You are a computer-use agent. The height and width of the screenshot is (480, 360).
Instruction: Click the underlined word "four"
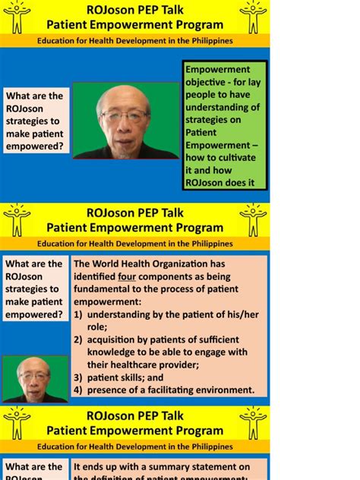127,276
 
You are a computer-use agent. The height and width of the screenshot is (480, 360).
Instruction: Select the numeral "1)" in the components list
77,314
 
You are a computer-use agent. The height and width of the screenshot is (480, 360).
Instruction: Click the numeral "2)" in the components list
77,339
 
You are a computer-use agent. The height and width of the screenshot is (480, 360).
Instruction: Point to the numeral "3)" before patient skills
77,377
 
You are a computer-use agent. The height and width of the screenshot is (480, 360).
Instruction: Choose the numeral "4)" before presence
77,390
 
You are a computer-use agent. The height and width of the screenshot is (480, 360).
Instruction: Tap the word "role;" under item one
97,327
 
